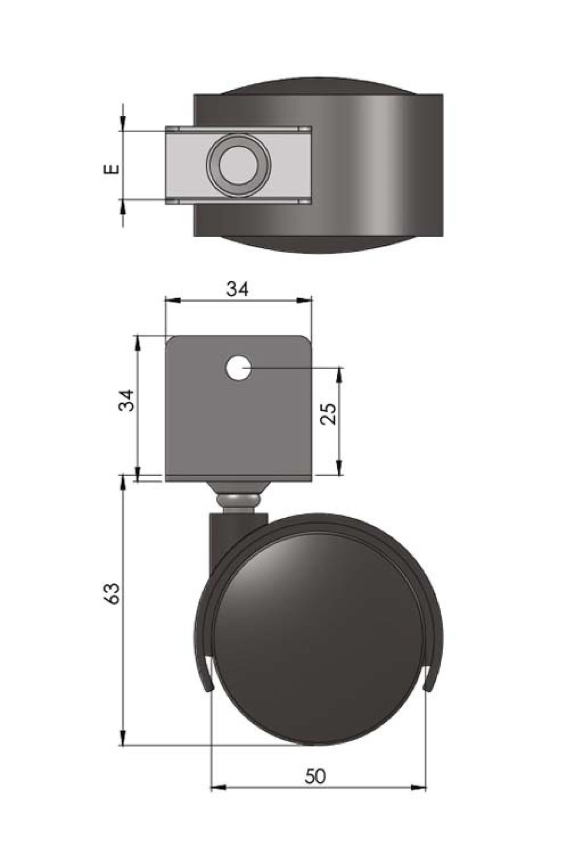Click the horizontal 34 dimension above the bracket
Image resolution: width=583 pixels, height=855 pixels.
pos(238,289)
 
